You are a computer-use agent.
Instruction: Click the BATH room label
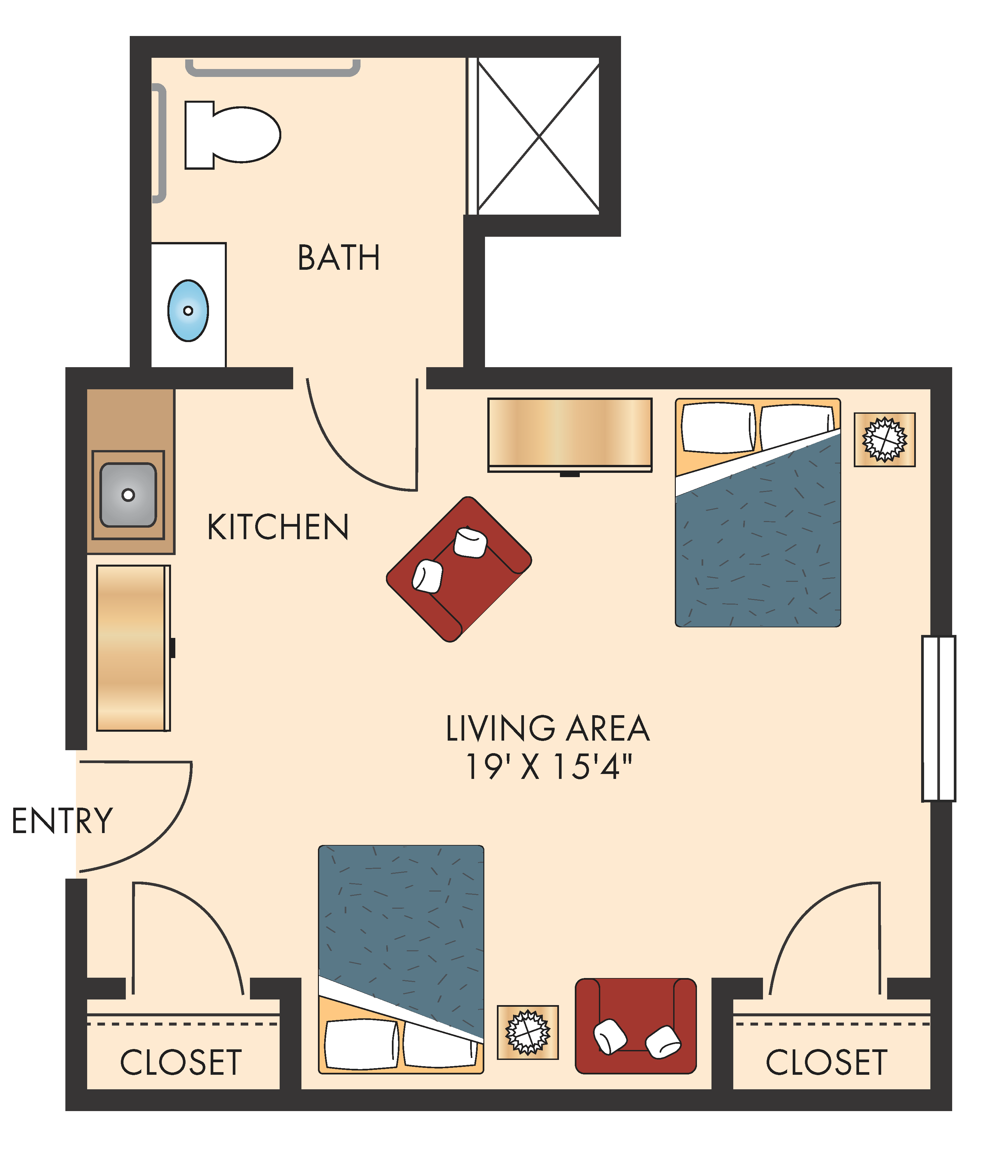pos(338,258)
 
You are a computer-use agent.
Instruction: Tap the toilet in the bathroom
pos(232,135)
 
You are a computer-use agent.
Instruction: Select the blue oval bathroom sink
pos(188,310)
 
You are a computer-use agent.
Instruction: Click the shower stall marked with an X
pos(538,136)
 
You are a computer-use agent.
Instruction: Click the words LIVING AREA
pos(547,728)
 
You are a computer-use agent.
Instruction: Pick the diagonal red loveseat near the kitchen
pos(459,569)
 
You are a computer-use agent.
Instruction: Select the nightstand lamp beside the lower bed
pos(528,1032)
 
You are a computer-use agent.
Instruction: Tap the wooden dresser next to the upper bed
pos(570,434)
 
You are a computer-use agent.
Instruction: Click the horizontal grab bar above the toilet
pos(273,70)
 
